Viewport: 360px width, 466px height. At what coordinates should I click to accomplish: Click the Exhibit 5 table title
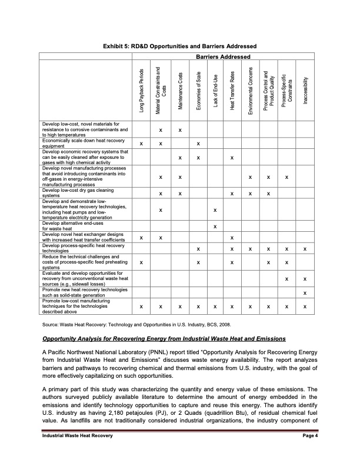179,46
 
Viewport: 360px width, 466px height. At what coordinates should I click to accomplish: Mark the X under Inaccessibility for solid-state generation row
305,293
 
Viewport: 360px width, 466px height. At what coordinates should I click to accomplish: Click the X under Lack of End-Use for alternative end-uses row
215,227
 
